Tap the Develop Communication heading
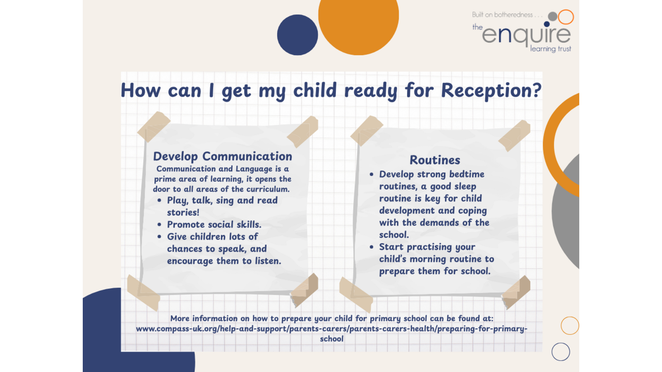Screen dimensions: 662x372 tap(223, 157)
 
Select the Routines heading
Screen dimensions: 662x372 tap(435, 160)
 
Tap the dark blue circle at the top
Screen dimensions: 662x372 tap(297, 35)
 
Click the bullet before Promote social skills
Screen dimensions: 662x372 tap(160, 225)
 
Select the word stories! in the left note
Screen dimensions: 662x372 tap(183, 212)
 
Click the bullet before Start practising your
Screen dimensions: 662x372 tap(372, 247)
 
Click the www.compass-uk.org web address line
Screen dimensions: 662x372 tap(331, 329)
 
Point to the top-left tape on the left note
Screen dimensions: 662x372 tap(154, 126)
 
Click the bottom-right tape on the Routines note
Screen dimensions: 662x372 tap(516, 292)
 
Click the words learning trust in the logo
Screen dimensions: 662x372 tap(551, 49)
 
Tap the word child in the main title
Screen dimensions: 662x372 tap(315, 90)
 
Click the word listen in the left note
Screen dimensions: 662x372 tap(267, 261)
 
